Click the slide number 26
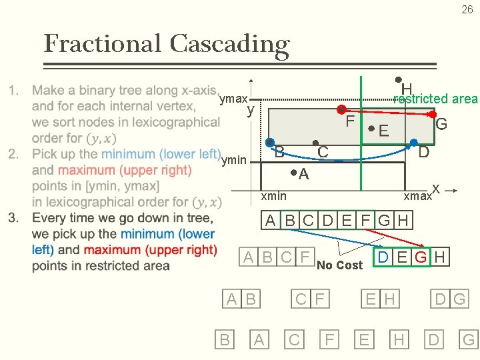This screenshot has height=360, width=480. [467, 9]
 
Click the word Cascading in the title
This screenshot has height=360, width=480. [229, 44]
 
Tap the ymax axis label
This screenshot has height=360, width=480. [233, 99]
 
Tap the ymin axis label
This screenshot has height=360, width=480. [233, 159]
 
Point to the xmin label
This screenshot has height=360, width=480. [273, 195]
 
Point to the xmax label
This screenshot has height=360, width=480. [417, 197]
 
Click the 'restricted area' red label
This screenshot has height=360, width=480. [435, 99]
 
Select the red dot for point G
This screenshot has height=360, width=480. [432, 115]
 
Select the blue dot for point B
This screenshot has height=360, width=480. [270, 143]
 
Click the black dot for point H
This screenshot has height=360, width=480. [398, 79]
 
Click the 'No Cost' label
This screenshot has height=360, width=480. [339, 265]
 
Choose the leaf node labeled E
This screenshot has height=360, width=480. [363, 340]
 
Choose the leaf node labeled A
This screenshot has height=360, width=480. [259, 340]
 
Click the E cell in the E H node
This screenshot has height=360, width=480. [370, 299]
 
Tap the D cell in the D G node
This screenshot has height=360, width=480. [441, 299]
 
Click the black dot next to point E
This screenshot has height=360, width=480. [371, 127]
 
